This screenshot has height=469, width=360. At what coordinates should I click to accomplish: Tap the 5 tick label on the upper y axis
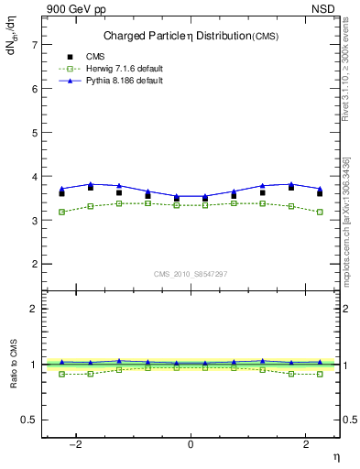(x=34, y=133)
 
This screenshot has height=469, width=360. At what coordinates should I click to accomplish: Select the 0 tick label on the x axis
(x=191, y=444)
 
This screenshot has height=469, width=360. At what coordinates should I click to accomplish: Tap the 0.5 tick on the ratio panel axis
(x=29, y=420)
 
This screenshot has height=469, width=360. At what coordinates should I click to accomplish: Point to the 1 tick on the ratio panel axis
(x=34, y=365)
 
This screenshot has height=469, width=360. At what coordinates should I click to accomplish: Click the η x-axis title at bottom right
(x=335, y=455)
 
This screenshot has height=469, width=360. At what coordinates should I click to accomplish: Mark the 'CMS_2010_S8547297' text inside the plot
(x=191, y=273)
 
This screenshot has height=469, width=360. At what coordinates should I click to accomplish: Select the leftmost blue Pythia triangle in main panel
(x=62, y=189)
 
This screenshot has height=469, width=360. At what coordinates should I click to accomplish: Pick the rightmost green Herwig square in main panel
(x=320, y=212)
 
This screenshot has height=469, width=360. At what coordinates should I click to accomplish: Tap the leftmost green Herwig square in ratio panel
(x=62, y=374)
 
